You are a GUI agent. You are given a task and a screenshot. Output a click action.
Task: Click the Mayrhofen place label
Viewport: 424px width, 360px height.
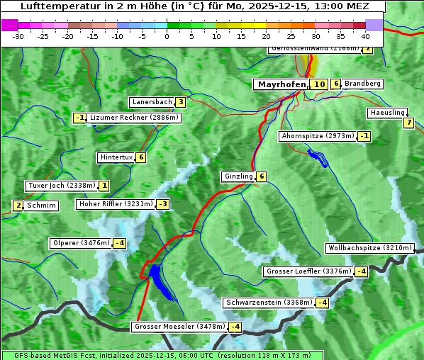tap(281, 84)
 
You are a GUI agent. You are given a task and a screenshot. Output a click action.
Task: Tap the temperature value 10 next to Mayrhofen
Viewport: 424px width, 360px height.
tap(319, 84)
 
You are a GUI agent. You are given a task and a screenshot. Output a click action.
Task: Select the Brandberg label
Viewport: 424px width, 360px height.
tap(363, 84)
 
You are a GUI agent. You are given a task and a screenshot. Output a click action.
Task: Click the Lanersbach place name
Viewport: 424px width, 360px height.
tap(152, 102)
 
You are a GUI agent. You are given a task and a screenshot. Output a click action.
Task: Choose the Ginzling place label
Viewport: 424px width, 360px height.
tap(238, 176)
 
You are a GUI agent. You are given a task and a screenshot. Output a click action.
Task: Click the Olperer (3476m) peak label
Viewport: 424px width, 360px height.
tap(81, 243)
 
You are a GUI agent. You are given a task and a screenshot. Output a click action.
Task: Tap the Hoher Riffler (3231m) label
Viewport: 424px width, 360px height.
tap(115, 204)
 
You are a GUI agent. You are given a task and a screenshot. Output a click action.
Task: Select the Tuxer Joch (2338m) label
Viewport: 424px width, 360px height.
tap(61, 186)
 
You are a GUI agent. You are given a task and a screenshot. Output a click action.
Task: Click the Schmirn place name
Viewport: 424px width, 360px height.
tap(42, 206)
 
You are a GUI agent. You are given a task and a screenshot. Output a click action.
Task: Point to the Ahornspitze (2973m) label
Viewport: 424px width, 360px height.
tap(317, 135)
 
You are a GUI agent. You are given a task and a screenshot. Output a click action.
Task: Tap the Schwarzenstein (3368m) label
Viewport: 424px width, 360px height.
tap(268, 303)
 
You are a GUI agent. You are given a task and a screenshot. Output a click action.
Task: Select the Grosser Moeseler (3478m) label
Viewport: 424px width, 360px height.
tap(179, 327)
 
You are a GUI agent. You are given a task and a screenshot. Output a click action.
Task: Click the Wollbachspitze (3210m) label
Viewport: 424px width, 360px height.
tap(369, 248)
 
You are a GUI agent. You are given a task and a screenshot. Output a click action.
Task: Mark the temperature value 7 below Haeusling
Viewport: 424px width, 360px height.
tap(408, 123)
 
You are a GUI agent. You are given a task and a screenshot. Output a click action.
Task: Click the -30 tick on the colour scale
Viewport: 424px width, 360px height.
tap(18, 36)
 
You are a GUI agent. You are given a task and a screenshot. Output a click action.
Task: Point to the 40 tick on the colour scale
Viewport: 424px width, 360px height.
tap(365, 36)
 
